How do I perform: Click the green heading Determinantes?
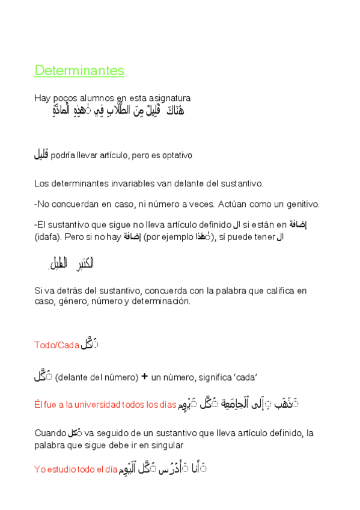point(79,71)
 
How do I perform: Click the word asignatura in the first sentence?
point(170,98)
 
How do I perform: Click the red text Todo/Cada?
point(57,345)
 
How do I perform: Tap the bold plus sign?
point(144,378)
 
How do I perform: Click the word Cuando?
point(50,433)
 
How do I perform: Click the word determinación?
point(163,301)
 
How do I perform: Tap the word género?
point(71,301)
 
